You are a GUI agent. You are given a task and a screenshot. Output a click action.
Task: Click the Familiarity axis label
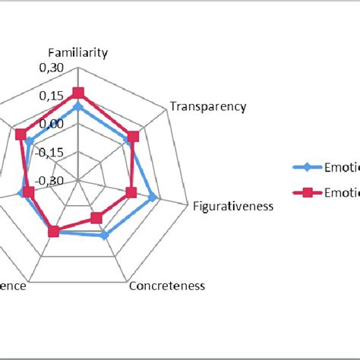77,53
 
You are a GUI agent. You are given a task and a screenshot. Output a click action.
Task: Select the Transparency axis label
208,106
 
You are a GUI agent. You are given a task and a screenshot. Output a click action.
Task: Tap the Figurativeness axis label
233,206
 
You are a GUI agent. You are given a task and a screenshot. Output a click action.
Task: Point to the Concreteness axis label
167,286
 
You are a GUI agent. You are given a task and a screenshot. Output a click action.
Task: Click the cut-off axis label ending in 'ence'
14,286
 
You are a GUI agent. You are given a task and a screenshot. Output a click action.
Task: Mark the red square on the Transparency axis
133,137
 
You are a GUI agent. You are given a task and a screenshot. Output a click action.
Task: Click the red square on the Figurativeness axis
131,193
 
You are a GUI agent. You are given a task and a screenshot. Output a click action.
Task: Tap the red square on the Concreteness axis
96,219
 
